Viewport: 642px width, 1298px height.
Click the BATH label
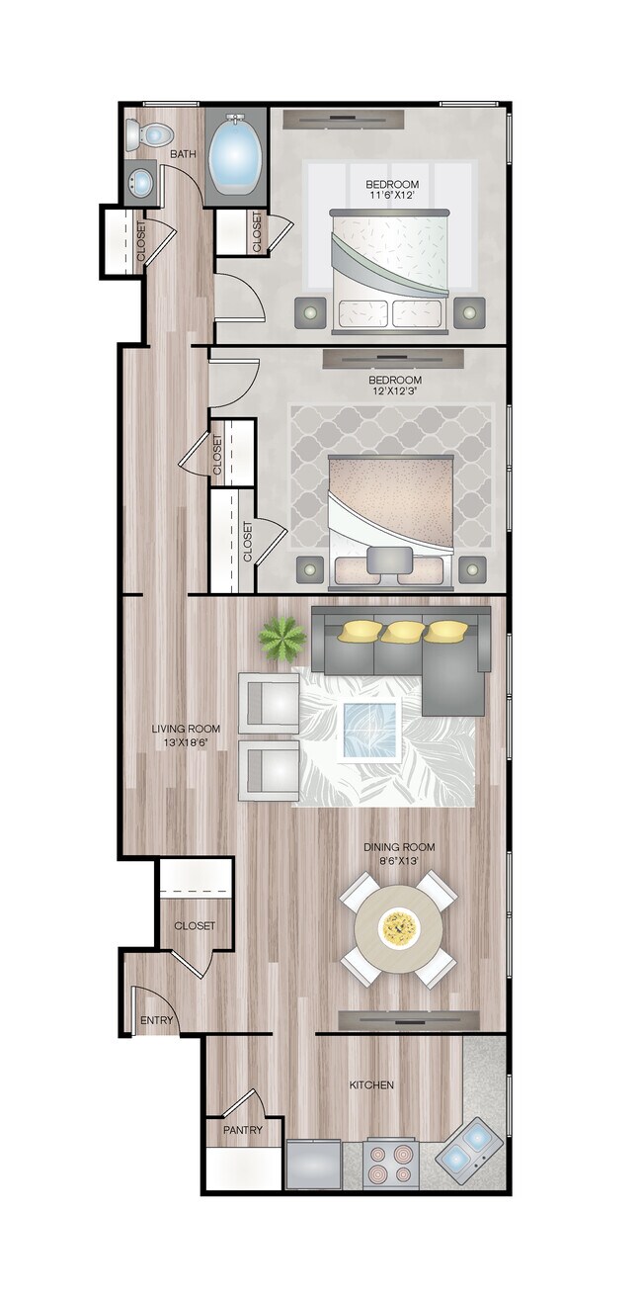(184, 154)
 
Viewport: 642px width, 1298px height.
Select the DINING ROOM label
(399, 847)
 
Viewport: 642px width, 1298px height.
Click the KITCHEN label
(371, 1085)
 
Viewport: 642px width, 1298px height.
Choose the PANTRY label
(241, 1130)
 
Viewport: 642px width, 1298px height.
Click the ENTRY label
(157, 1020)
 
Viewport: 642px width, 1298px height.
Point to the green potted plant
(282, 640)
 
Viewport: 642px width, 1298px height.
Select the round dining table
(399, 928)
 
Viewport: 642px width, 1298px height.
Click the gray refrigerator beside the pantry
(313, 1165)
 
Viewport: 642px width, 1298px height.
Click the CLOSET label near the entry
(195, 926)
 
